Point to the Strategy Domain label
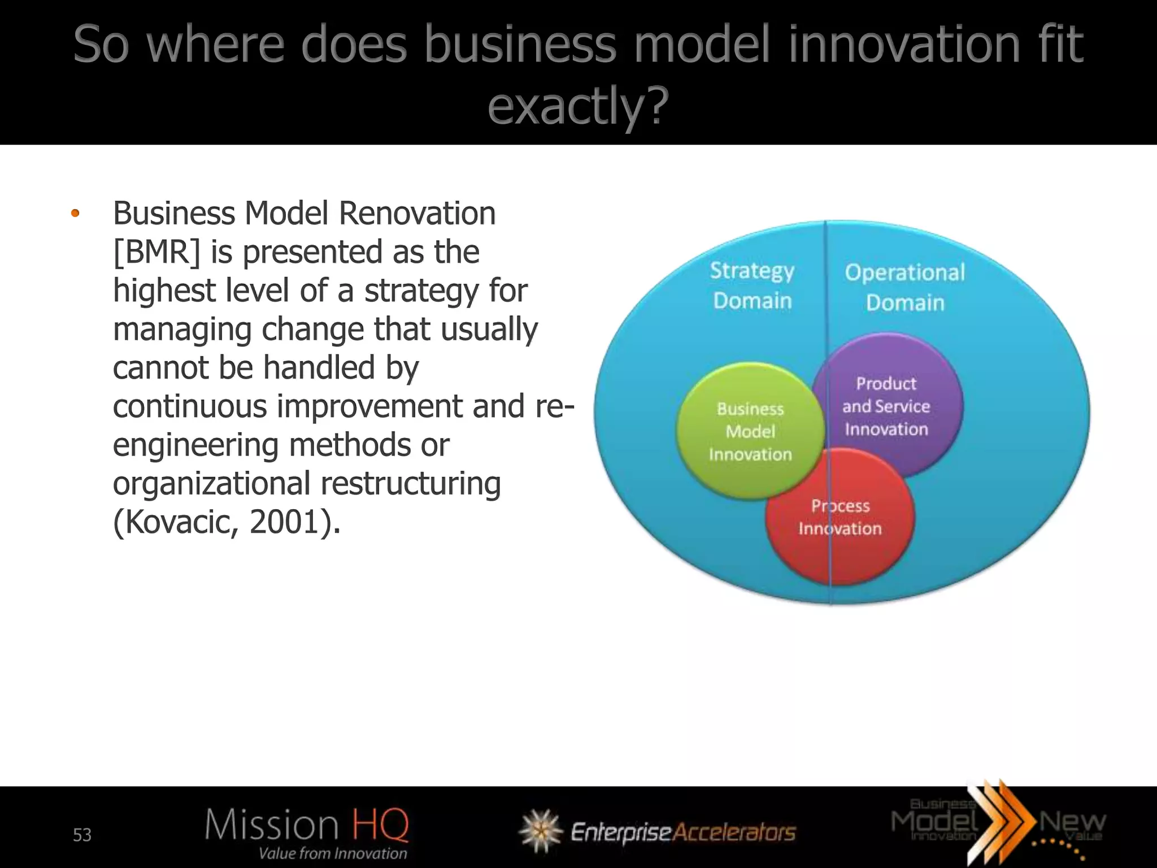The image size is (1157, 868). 752,285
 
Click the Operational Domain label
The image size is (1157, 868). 905,287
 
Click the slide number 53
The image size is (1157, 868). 82,835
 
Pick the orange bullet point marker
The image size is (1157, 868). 75,214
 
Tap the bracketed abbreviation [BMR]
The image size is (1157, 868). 156,252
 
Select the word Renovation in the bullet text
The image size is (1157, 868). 417,214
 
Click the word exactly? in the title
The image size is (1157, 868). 578,106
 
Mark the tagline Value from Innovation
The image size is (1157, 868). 333,853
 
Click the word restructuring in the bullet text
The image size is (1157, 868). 411,484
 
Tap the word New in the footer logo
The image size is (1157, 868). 1072,822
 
